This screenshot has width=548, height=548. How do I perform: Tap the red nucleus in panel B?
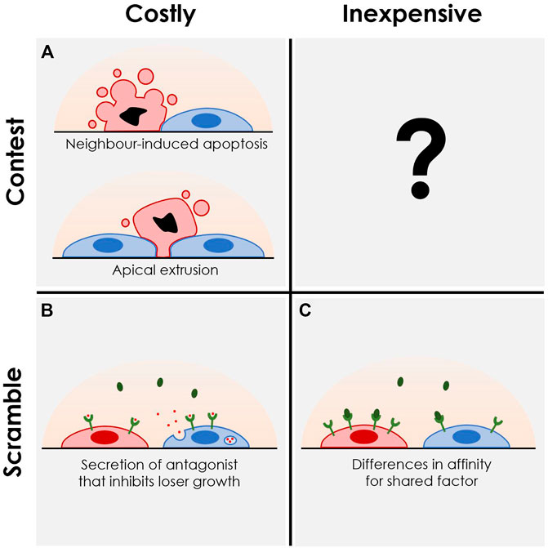coord(104,437)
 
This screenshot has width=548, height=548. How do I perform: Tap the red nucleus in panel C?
coord(359,437)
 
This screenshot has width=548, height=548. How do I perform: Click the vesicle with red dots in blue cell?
coord(231,442)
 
